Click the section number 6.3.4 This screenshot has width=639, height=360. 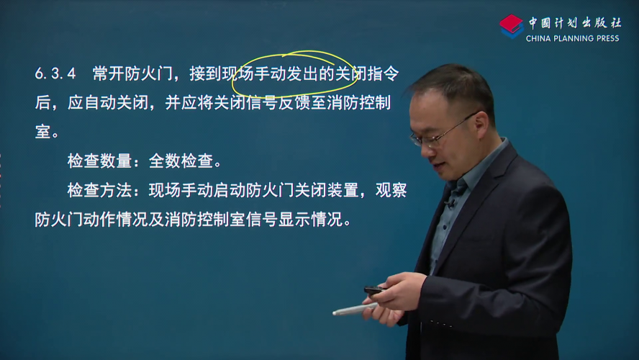[x=55, y=73]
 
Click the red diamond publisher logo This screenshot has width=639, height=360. [x=512, y=26]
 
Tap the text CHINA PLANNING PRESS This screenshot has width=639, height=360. [x=572, y=38]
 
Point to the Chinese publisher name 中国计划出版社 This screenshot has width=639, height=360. [x=575, y=22]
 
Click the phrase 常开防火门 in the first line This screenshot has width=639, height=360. [x=132, y=73]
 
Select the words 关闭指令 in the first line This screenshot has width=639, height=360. [x=367, y=73]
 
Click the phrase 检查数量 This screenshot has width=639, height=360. [x=99, y=161]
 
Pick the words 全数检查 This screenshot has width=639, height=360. [x=181, y=161]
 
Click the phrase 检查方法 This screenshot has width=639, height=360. [x=99, y=190]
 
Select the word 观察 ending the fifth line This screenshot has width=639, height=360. [x=391, y=190]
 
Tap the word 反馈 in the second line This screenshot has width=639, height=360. [x=294, y=103]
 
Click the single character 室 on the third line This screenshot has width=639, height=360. [x=42, y=132]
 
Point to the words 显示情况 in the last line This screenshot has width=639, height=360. [x=310, y=220]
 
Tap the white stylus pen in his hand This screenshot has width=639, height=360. [x=354, y=309]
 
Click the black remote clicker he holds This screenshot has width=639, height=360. [x=375, y=290]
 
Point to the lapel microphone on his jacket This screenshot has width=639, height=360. [x=450, y=202]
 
